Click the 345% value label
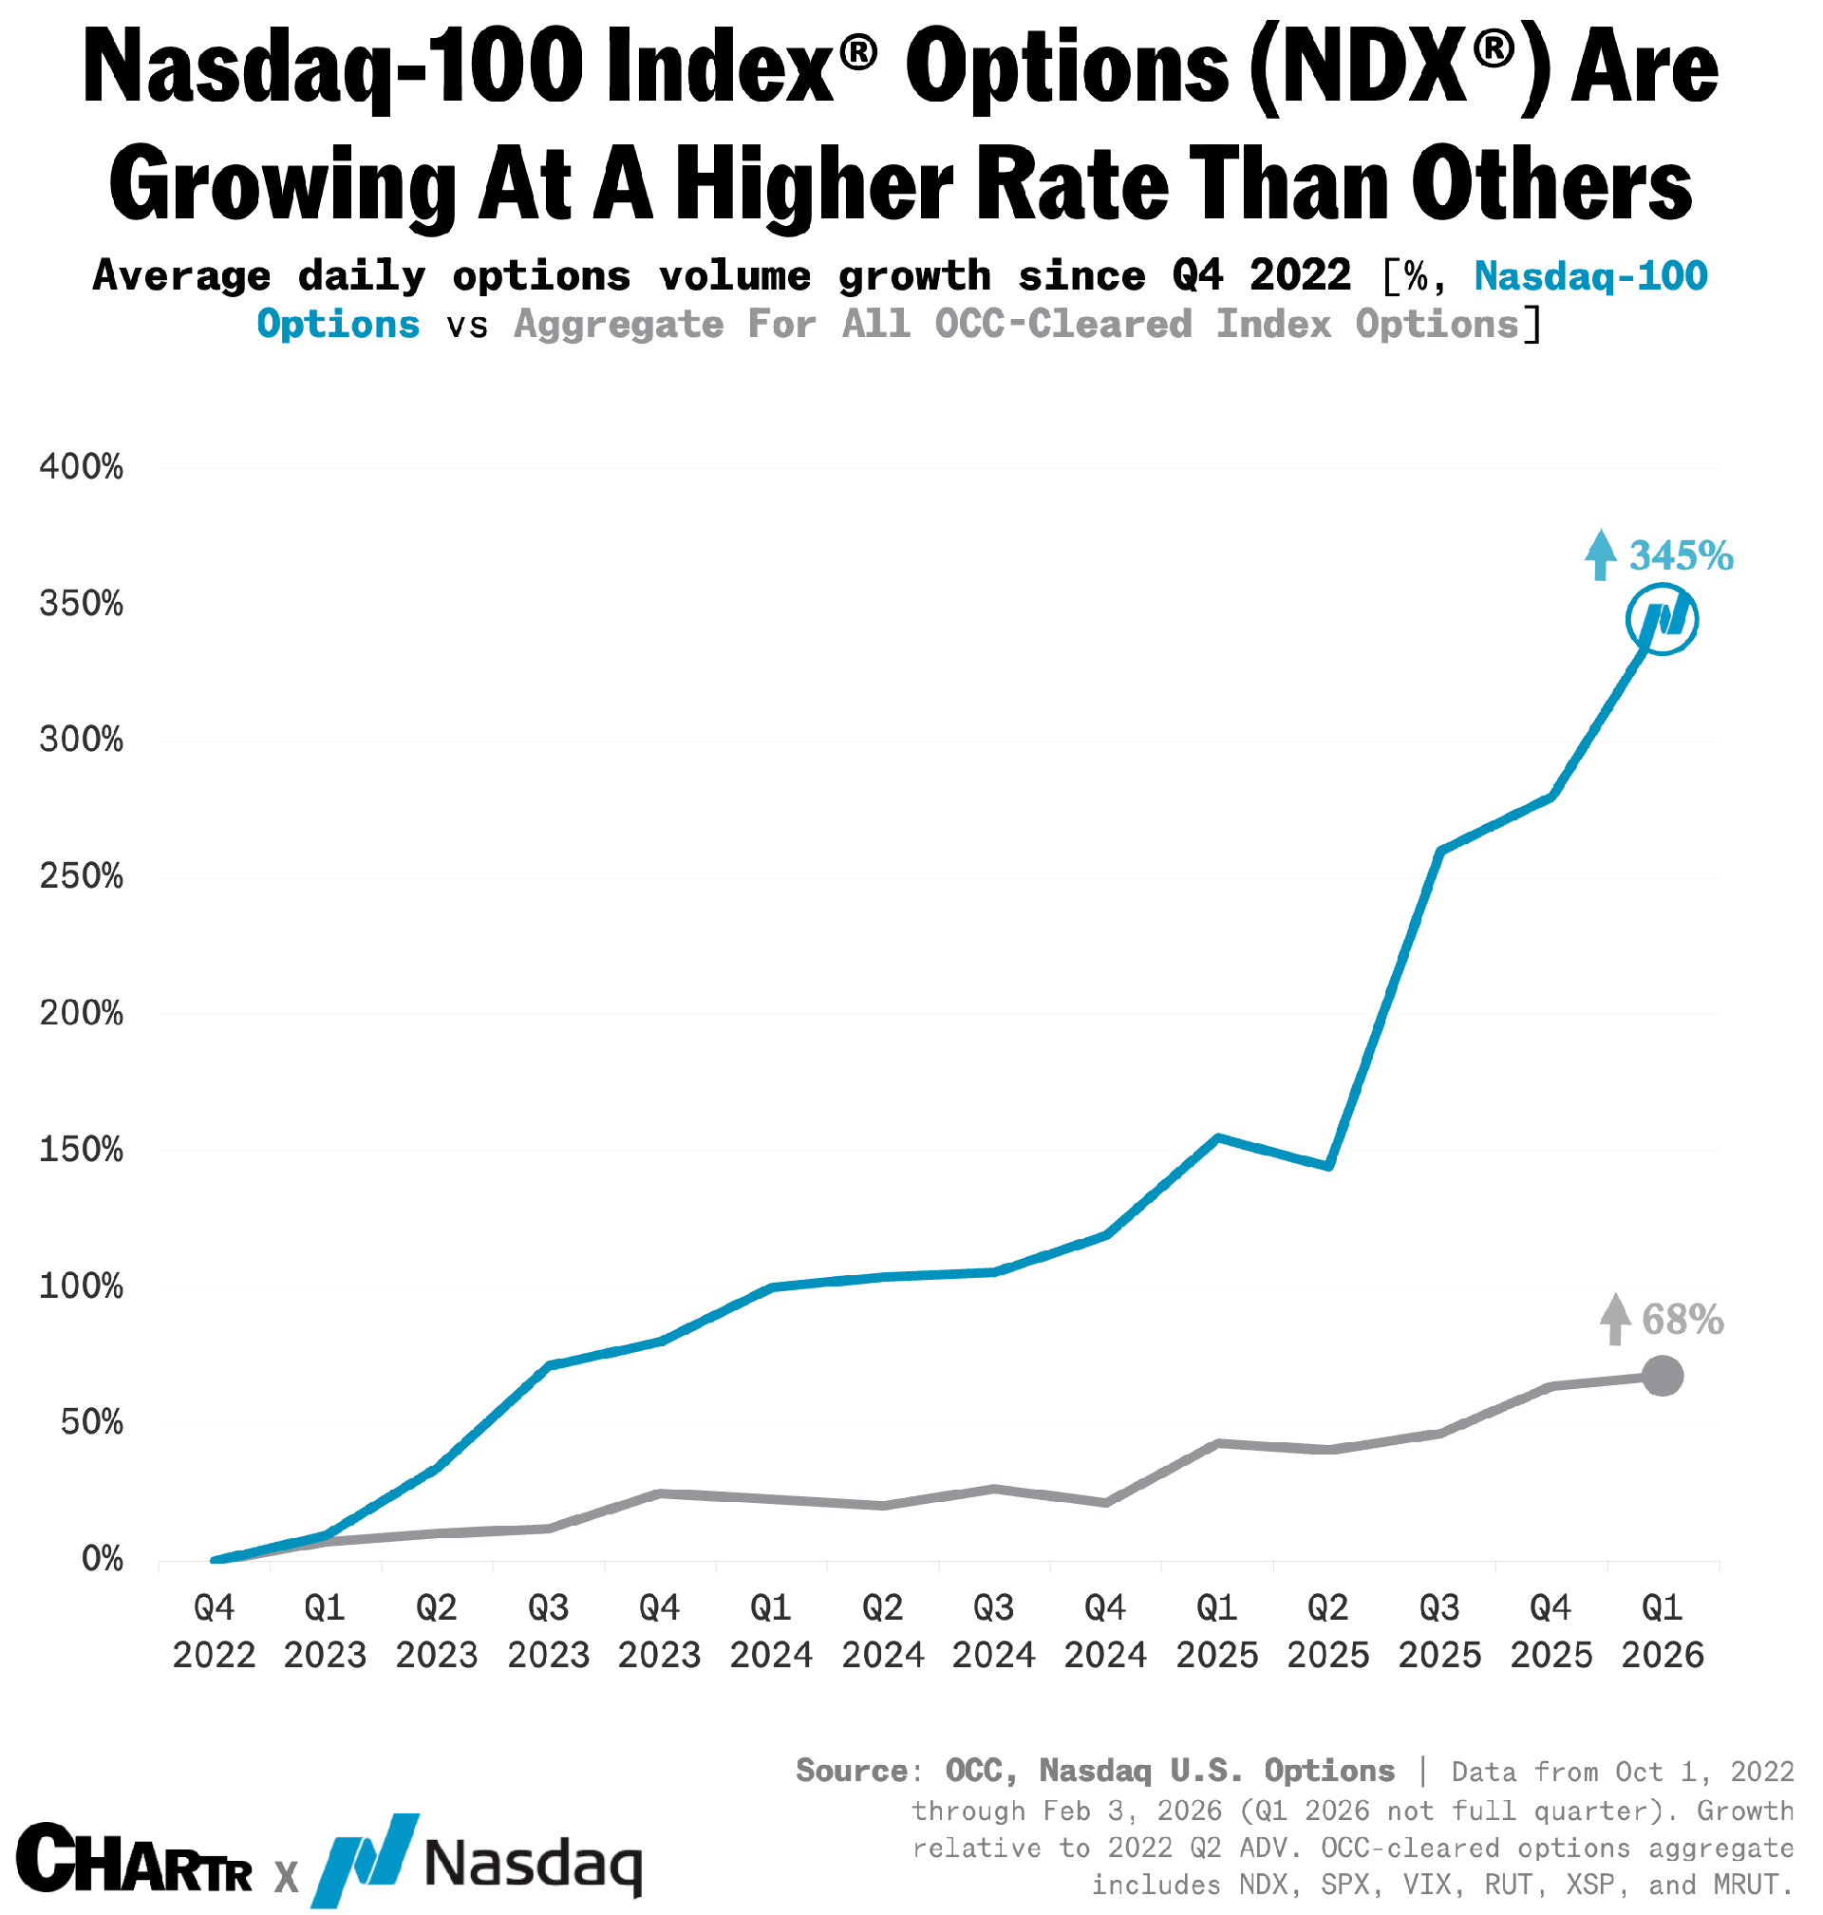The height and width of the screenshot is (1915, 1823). coord(1681,556)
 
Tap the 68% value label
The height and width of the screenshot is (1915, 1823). coord(1682,1321)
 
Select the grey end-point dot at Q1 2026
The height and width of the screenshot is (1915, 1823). coord(1662,1376)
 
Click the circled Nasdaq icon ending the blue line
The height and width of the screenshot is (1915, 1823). coord(1662,619)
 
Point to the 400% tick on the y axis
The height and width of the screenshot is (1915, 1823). coord(82,467)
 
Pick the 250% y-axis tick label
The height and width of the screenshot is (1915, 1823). coord(82,877)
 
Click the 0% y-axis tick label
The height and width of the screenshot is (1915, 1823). coord(102,1560)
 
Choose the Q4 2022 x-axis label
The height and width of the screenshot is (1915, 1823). coord(214,1631)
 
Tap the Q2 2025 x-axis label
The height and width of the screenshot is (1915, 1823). coord(1328,1631)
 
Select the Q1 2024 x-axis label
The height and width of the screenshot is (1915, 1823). coord(771,1631)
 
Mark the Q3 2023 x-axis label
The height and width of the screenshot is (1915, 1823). coord(548,1631)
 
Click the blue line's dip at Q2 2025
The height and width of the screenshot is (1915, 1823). coord(1328,1166)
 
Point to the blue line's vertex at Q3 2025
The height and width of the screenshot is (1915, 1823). coord(1439,851)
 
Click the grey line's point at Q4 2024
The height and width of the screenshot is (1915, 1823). coord(1106,1502)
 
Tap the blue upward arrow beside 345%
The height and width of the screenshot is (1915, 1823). coord(1601,554)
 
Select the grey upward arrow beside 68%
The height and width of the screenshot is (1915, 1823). coord(1615,1320)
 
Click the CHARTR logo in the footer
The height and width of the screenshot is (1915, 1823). coord(134,1859)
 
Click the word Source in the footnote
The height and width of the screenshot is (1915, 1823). coord(853,1771)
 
